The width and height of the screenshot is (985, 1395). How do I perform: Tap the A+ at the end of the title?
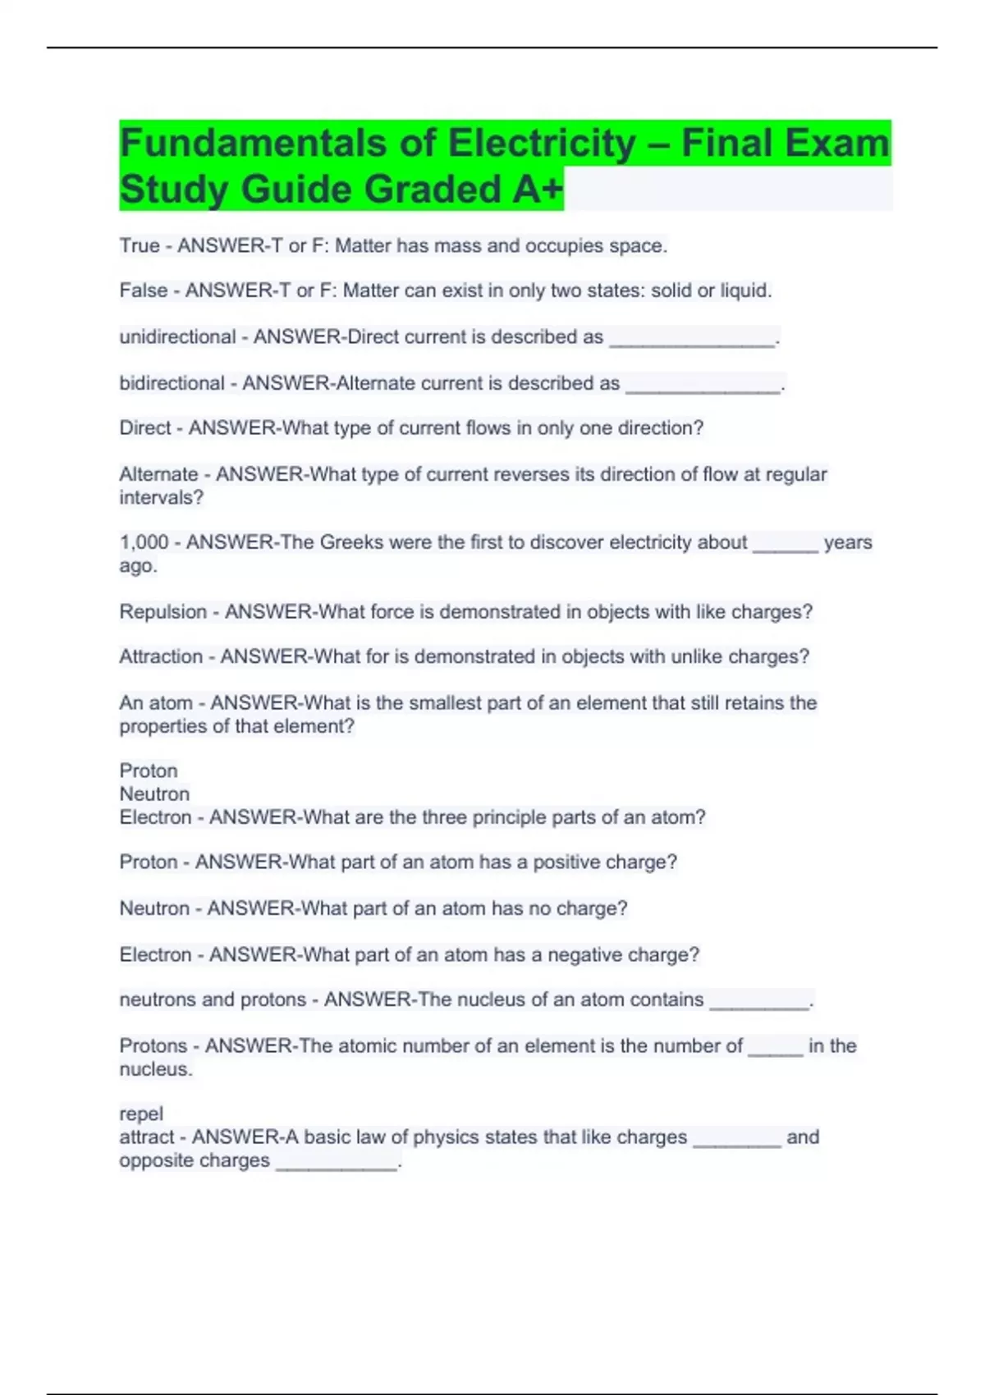[x=538, y=190]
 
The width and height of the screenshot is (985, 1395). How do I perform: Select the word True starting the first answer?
[x=140, y=246]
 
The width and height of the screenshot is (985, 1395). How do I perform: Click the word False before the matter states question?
[x=144, y=290]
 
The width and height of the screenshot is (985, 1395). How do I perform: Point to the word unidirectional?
[x=177, y=337]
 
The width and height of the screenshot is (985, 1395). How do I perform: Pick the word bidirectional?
[x=172, y=383]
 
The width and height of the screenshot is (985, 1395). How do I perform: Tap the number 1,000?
[x=144, y=542]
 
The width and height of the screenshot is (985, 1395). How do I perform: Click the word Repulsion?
[x=163, y=612]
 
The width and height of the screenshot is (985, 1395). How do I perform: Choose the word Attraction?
[x=161, y=657]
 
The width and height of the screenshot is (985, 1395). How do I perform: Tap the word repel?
[x=141, y=1114]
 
